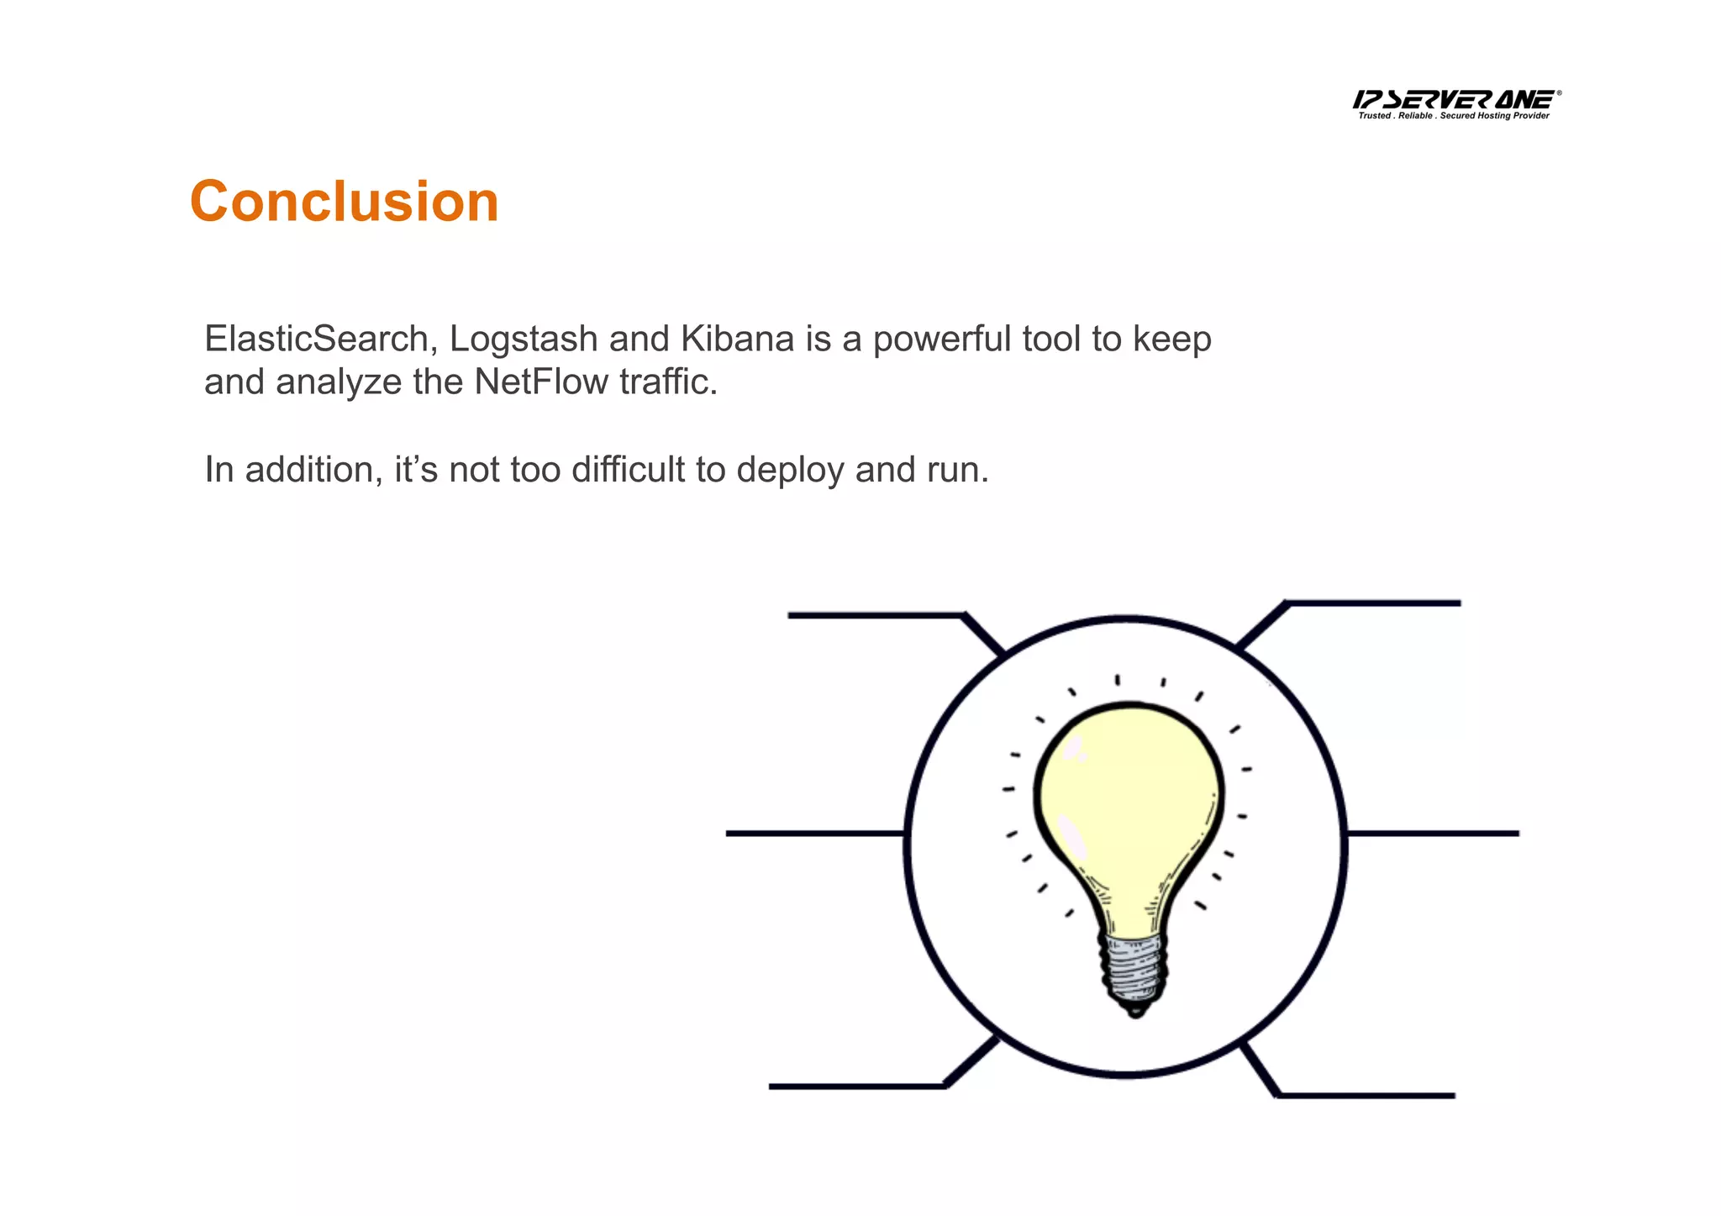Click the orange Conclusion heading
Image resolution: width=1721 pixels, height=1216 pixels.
tap(345, 202)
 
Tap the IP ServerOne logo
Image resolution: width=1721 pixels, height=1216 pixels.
tap(1455, 103)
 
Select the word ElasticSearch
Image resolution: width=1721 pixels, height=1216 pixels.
tap(318, 339)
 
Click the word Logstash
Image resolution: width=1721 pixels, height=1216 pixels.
tap(524, 339)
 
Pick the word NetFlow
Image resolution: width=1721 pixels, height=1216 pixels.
tap(540, 382)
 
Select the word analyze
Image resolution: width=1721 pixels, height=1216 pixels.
tap(339, 382)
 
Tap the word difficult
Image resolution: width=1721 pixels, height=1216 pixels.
tap(629, 469)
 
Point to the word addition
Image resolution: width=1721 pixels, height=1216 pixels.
tap(308, 469)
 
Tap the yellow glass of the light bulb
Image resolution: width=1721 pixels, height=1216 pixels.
tap(1126, 798)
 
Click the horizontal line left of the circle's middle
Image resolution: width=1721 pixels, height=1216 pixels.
tap(813, 834)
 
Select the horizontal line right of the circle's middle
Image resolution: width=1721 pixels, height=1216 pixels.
tap(1434, 834)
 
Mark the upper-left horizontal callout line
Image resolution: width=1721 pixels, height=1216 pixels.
tap(874, 616)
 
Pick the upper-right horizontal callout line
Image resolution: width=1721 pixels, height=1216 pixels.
tap(1375, 603)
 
